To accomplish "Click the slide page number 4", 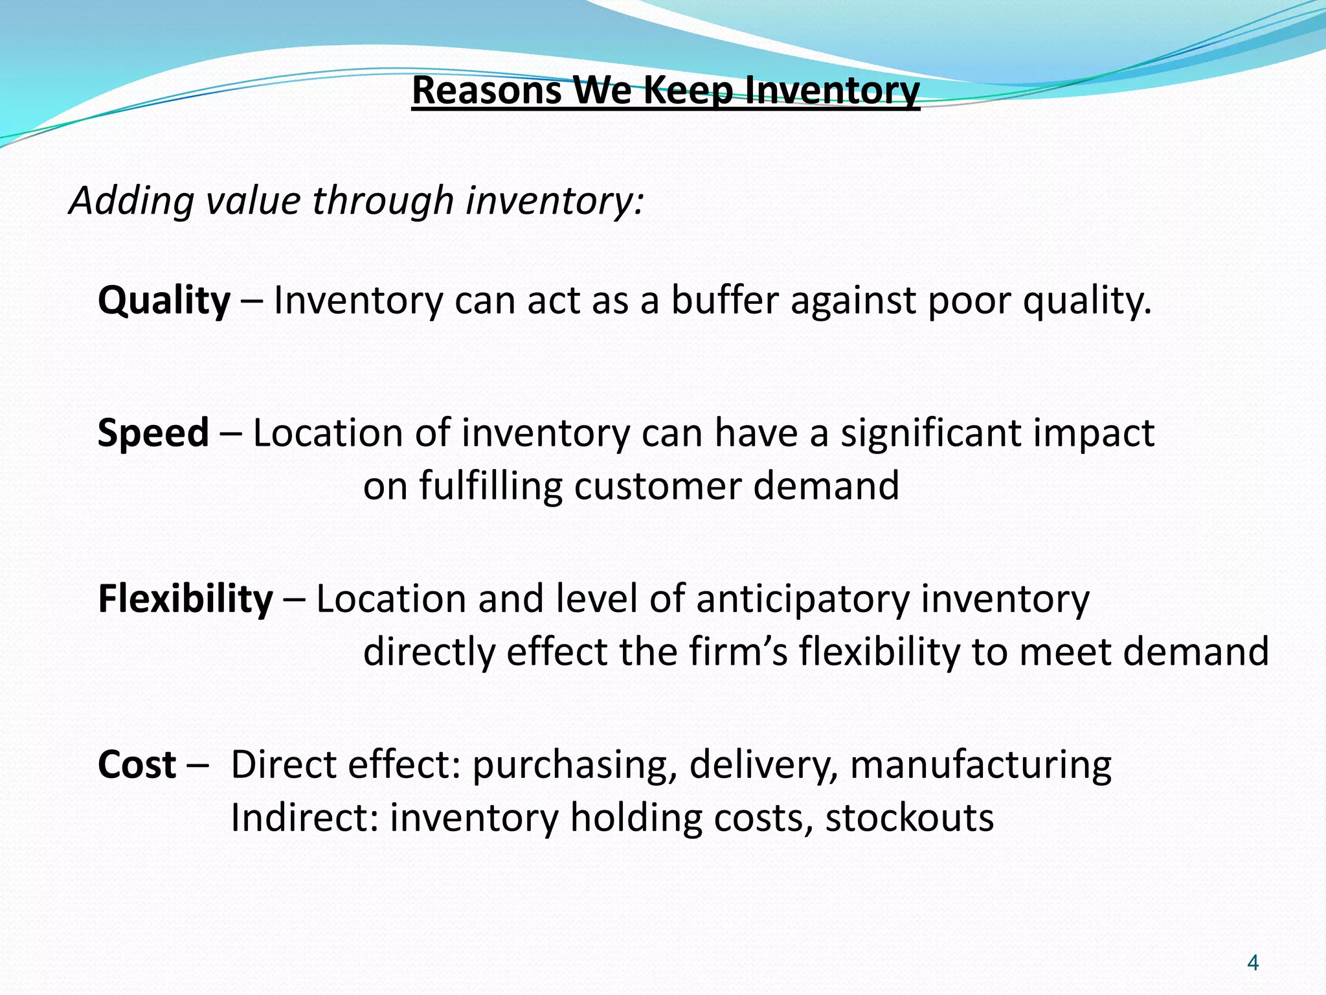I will [x=1252, y=963].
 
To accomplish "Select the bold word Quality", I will [x=164, y=301].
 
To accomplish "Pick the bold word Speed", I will [x=153, y=433].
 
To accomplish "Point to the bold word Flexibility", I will [x=185, y=599].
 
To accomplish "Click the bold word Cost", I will [x=137, y=765].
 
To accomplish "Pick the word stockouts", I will [x=909, y=818].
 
